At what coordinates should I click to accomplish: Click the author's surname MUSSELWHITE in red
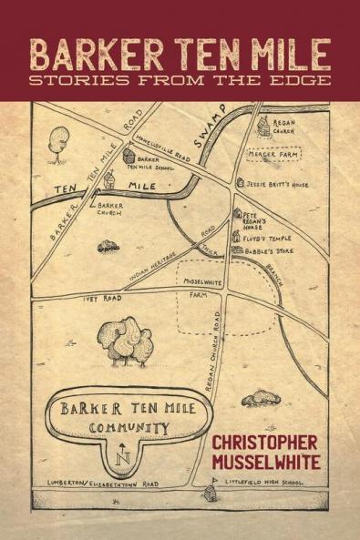[x=266, y=461]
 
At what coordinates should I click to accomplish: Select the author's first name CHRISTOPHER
[x=266, y=442]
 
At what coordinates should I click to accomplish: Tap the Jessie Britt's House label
[x=279, y=184]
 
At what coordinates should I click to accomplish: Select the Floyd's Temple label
[x=267, y=238]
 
